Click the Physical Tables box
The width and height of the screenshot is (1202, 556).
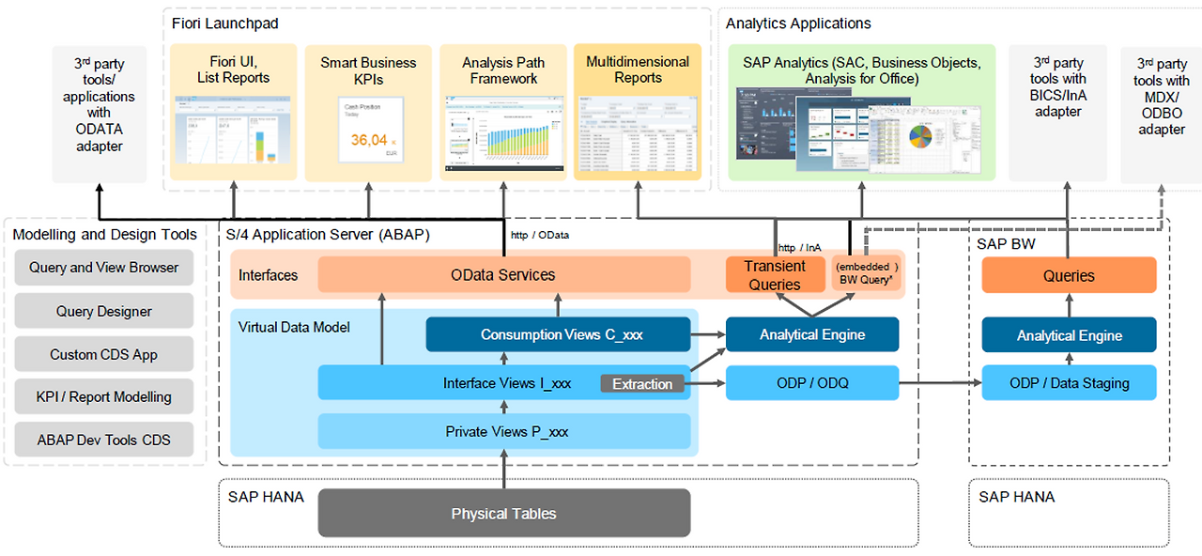pyautogui.click(x=503, y=514)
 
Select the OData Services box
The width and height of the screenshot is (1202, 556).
pyautogui.click(x=503, y=275)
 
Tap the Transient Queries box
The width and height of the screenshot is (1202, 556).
pyautogui.click(x=775, y=275)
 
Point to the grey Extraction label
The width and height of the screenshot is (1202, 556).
pyautogui.click(x=642, y=383)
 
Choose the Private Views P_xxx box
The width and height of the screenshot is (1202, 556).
pyautogui.click(x=503, y=432)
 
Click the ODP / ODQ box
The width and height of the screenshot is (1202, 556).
pyautogui.click(x=811, y=382)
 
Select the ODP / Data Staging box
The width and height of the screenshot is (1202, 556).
pyautogui.click(x=1069, y=382)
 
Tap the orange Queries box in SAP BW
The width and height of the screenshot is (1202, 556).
pyautogui.click(x=1069, y=275)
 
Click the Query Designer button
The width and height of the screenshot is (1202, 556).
pyautogui.click(x=103, y=311)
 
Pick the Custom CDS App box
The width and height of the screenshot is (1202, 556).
pyautogui.click(x=103, y=354)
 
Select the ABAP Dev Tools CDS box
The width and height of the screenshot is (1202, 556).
pyautogui.click(x=103, y=440)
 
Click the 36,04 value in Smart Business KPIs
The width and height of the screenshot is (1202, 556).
pyautogui.click(x=369, y=140)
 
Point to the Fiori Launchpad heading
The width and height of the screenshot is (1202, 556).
pyautogui.click(x=225, y=23)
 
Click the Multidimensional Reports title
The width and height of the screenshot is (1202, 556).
pyautogui.click(x=638, y=69)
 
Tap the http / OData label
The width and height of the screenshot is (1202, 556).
pyautogui.click(x=540, y=235)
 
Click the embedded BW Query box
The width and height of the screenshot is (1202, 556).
pyautogui.click(x=865, y=273)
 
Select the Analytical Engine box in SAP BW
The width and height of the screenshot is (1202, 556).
pyautogui.click(x=1069, y=335)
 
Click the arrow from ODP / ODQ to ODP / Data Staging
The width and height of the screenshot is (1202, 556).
pyautogui.click(x=939, y=383)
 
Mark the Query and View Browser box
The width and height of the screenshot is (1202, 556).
pyautogui.click(x=103, y=268)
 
